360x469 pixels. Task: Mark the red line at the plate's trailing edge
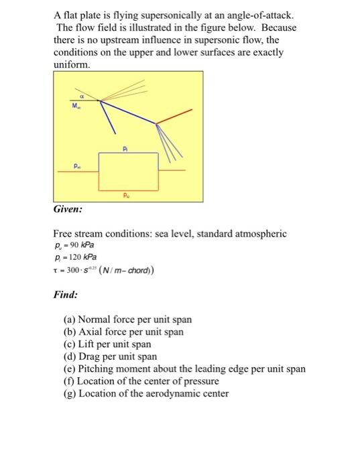coord(176,115)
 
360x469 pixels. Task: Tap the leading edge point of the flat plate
coord(101,101)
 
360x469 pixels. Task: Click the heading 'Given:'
coord(68,210)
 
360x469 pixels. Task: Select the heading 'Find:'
coord(66,294)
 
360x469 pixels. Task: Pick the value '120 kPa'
coord(84,257)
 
